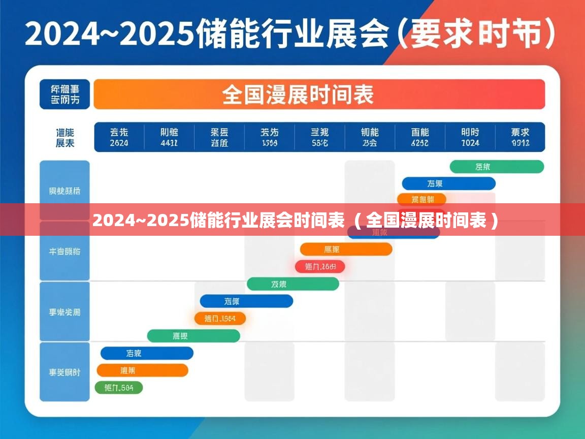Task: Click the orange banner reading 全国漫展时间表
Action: tap(319, 95)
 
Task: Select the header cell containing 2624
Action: tap(119, 137)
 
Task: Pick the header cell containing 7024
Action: tap(470, 137)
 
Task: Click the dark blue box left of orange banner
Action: tap(65, 95)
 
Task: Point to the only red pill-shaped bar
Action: tap(320, 266)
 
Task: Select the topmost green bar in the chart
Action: tap(497, 167)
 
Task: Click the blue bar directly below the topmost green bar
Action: tap(448, 183)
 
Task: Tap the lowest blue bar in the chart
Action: tap(147, 353)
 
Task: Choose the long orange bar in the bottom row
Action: tap(142, 370)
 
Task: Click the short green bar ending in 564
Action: tap(119, 388)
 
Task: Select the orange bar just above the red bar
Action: tap(346, 249)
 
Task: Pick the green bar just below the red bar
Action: tap(292, 284)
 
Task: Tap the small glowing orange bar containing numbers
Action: tap(220, 319)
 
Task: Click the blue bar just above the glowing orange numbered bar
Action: tap(246, 301)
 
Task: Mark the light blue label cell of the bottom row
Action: tap(64, 372)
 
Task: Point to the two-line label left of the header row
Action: tap(64, 137)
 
